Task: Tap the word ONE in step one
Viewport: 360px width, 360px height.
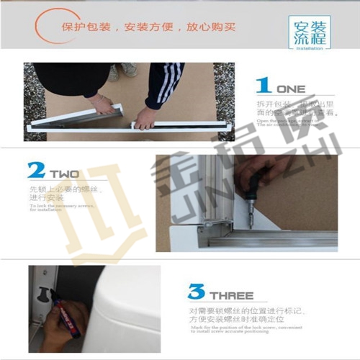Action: pos(291,89)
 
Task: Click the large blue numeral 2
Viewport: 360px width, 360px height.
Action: pos(36,171)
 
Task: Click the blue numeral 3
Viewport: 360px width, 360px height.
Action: pos(196,292)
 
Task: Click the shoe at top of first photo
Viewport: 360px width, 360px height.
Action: pos(128,70)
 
